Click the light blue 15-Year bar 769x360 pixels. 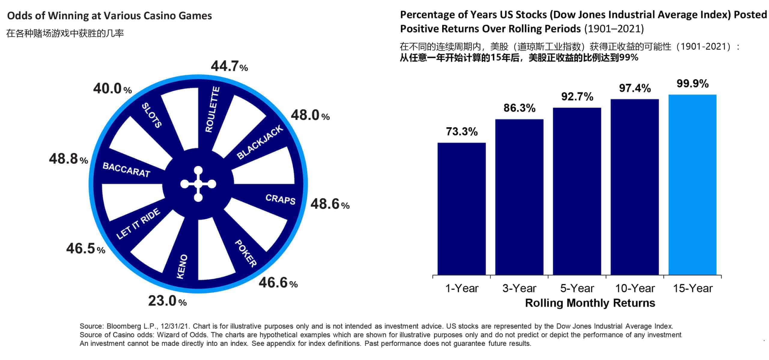pyautogui.click(x=692, y=184)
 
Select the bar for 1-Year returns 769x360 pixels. pyautogui.click(x=461, y=208)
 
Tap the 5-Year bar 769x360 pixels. pyautogui.click(x=577, y=191)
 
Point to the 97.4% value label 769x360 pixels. pyautogui.click(x=635, y=88)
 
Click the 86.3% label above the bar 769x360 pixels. pyautogui.click(x=519, y=108)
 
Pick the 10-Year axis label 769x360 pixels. pyautogui.click(x=635, y=288)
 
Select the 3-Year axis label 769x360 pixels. pyautogui.click(x=519, y=288)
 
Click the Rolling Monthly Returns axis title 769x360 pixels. pyautogui.click(x=590, y=303)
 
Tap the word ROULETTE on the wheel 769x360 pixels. pyautogui.click(x=212, y=109)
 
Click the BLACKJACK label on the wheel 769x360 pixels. pyautogui.click(x=260, y=142)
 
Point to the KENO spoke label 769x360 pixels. pyautogui.click(x=182, y=267)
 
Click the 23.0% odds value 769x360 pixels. pyautogui.click(x=167, y=301)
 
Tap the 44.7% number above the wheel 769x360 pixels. pyautogui.click(x=229, y=66)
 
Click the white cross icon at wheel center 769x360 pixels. pyautogui.click(x=198, y=184)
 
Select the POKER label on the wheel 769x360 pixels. pyautogui.click(x=245, y=253)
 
